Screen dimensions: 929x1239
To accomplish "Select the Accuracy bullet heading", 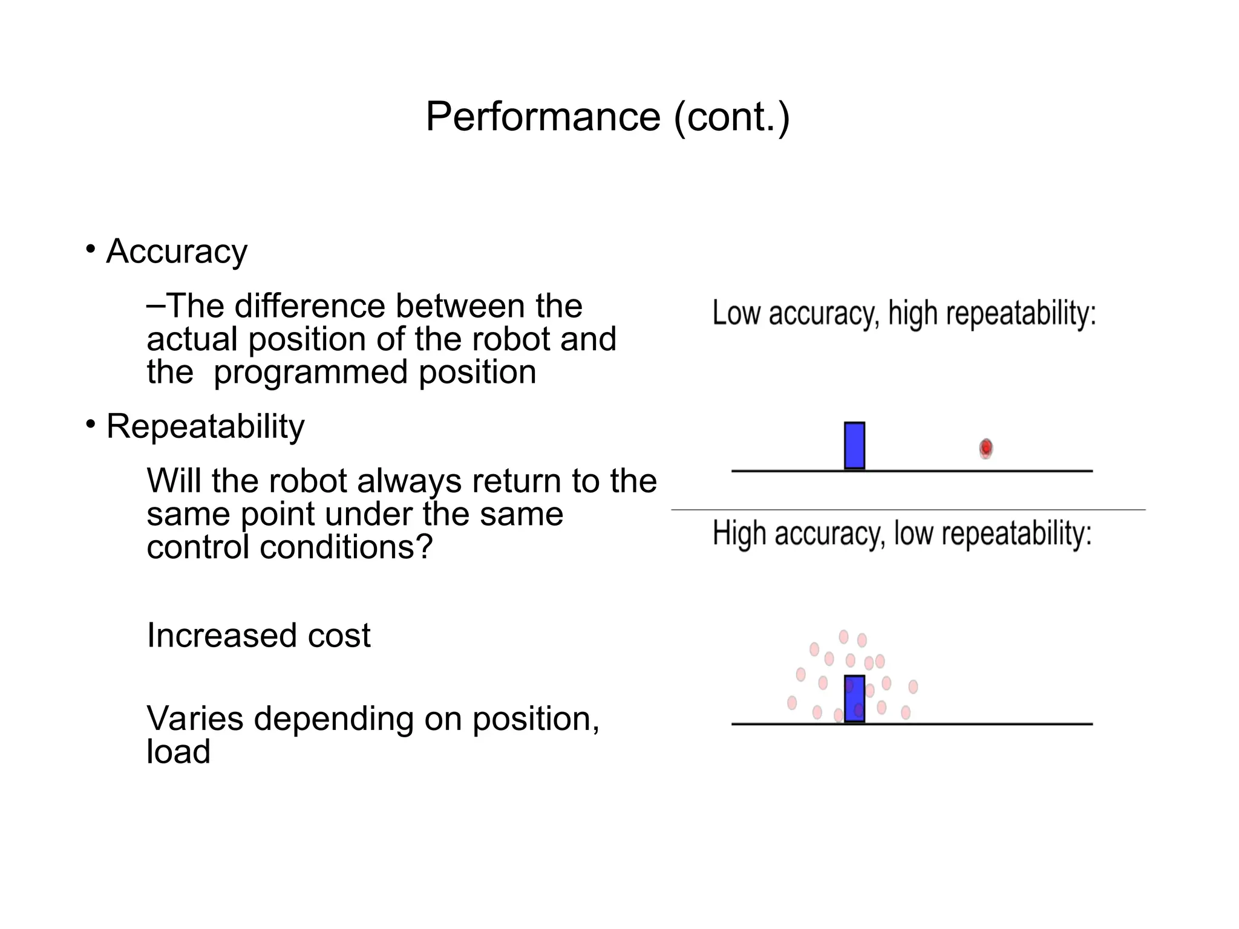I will pos(177,252).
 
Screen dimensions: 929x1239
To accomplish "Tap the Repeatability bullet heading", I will pos(205,426).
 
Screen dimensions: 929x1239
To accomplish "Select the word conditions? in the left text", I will pos(346,547).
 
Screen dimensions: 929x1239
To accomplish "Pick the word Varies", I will pos(195,719).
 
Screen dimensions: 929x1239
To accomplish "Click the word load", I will pos(178,752).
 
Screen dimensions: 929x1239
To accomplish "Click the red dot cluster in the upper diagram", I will pos(986,448).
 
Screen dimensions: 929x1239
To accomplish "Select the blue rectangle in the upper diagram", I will pos(854,446).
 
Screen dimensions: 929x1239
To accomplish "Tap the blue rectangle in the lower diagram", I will pos(854,699).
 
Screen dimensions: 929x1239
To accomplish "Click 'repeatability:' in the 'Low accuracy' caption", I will pos(1021,313).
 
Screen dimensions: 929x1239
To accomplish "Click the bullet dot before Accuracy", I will pos(91,249).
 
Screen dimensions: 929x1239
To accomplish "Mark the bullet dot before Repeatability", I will pos(91,424).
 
